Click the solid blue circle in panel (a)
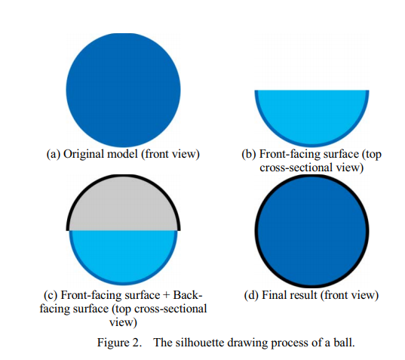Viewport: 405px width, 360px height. (123, 90)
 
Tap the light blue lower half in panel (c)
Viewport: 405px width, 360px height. (123, 254)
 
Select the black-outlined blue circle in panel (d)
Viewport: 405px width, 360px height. (311, 231)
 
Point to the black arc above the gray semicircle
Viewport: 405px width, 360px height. (123, 176)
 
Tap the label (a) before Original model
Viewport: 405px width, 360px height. (54, 154)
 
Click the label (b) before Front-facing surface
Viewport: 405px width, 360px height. (249, 154)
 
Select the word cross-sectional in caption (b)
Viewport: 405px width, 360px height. (296, 168)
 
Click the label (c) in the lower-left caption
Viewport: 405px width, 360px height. (51, 295)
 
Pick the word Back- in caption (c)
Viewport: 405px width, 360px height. (188, 295)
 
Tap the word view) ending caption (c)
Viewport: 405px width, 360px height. (123, 322)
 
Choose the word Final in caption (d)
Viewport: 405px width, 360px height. (275, 295)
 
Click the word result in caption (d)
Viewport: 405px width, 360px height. (304, 295)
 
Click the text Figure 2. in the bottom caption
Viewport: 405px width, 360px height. (119, 343)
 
